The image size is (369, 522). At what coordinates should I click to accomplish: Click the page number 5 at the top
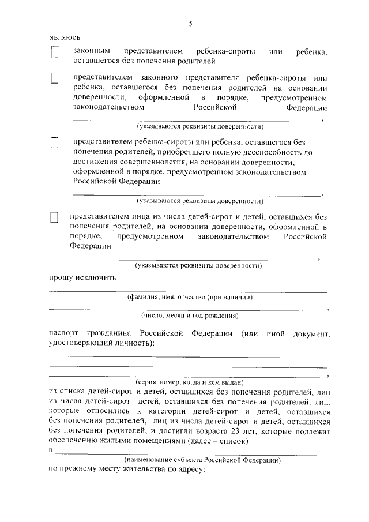[x=190, y=24]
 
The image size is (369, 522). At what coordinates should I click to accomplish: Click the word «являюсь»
[x=64, y=37]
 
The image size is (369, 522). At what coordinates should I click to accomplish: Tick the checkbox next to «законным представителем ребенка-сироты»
[x=55, y=52]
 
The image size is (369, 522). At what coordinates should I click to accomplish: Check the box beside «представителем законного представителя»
[x=55, y=78]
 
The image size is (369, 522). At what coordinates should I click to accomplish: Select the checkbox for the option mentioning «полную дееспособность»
[x=55, y=142]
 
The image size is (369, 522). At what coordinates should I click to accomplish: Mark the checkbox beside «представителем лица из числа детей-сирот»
[x=55, y=217]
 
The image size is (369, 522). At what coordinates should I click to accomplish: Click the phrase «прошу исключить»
[x=74, y=277]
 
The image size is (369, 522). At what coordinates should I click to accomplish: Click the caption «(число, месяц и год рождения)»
[x=190, y=316]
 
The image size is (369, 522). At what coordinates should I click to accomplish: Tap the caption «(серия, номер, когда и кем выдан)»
[x=190, y=382]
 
